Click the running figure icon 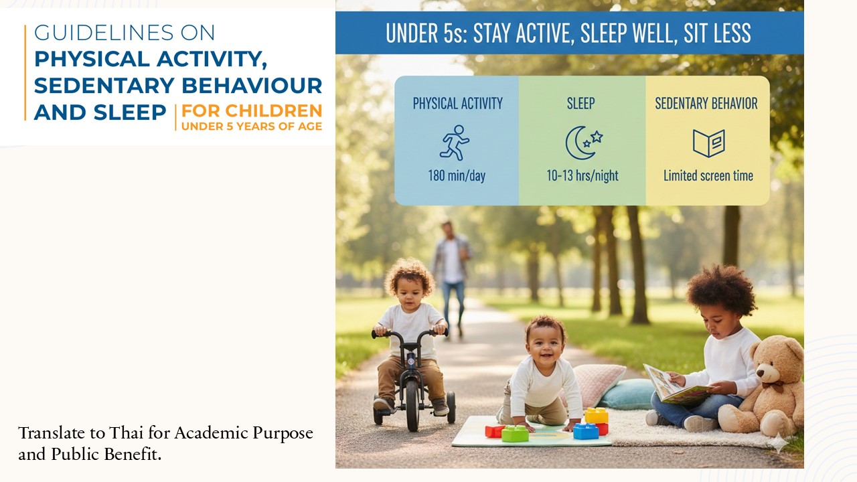[455, 143]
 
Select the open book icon [708, 143]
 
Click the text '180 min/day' [457, 175]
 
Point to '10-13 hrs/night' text [582, 175]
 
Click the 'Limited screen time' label [708, 175]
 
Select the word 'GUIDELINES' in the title [104, 33]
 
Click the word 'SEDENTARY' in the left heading [104, 85]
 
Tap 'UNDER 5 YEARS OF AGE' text [251, 127]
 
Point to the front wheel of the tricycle [412, 406]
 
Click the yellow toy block [596, 416]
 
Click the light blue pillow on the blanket [627, 394]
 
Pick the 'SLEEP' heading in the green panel [580, 103]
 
